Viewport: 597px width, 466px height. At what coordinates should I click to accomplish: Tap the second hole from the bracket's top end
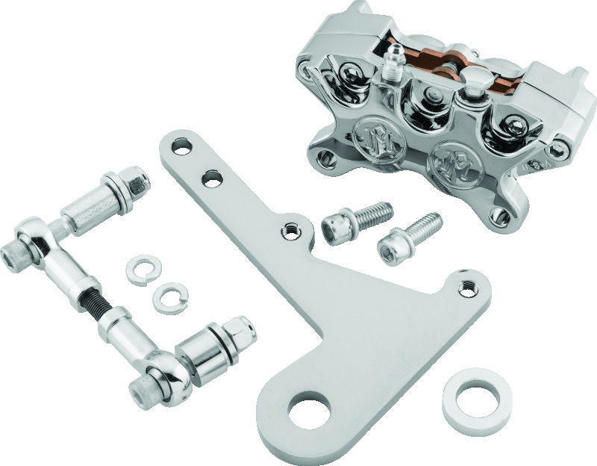tap(213, 179)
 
